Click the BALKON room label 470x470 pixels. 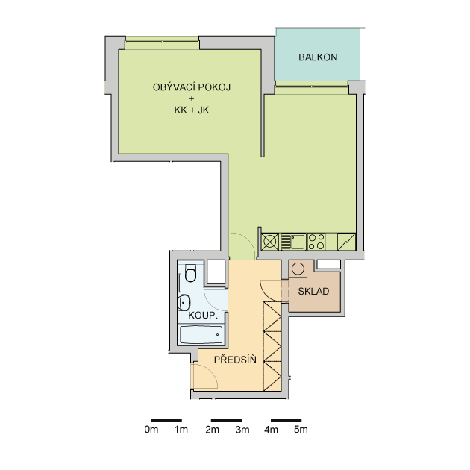318,57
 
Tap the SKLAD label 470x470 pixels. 313,292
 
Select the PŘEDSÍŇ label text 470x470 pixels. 235,359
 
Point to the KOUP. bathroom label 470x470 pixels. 203,316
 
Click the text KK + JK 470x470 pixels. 192,110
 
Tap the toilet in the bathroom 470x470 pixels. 190,273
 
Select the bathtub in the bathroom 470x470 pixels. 201,334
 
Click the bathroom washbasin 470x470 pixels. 184,303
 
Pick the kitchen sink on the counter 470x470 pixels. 293,242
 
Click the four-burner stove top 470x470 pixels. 316,242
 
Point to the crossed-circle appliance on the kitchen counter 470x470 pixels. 270,242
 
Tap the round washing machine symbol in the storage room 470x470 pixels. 298,269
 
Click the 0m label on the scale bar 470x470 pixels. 151,430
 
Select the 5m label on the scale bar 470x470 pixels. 301,430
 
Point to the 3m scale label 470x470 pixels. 242,430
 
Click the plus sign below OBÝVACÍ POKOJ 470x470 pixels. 192,98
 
